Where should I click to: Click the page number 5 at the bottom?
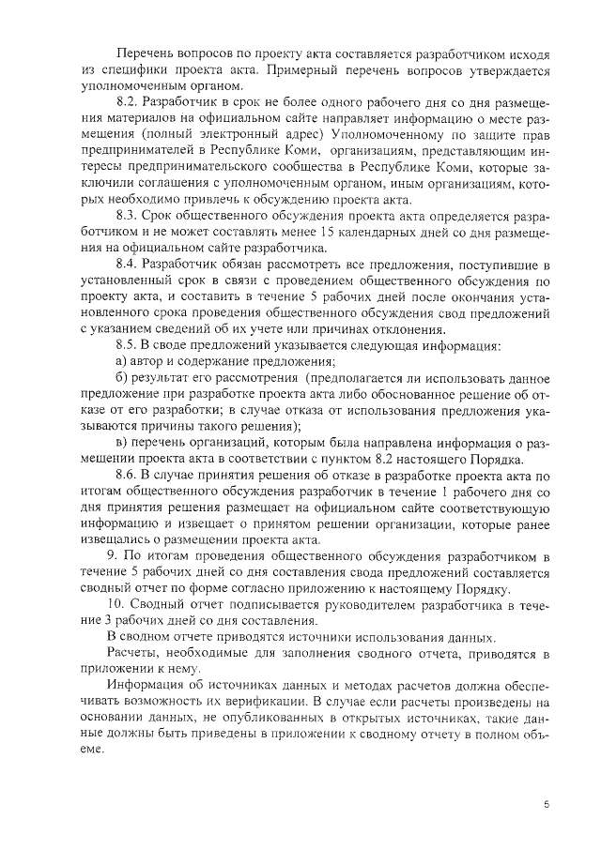[x=547, y=804]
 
